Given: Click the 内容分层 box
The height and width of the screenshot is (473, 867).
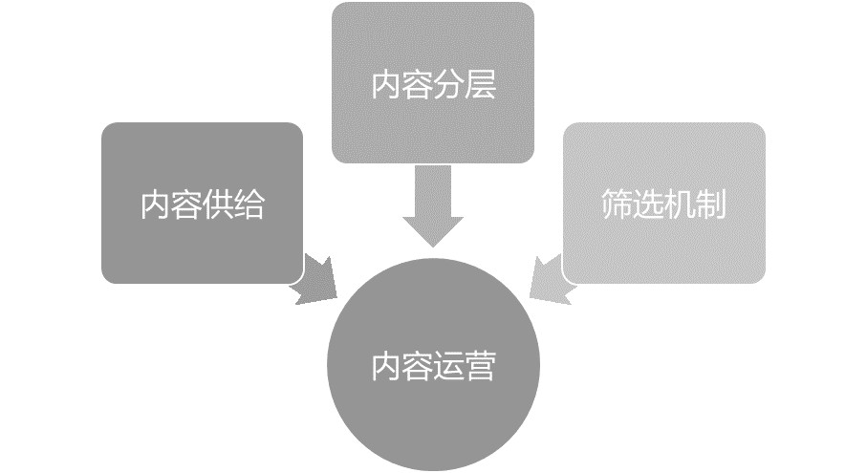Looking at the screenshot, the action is click(433, 83).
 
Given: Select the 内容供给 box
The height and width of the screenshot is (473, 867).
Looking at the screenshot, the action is click(203, 204).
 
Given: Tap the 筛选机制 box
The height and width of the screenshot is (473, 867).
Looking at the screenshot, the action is click(664, 204).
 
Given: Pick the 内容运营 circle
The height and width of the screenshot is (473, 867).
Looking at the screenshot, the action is click(433, 365).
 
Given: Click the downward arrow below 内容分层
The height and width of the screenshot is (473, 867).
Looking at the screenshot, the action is click(433, 206).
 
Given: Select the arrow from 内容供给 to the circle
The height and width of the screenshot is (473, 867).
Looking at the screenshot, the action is click(315, 281).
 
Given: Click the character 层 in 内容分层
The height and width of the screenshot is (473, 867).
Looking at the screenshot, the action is click(480, 84).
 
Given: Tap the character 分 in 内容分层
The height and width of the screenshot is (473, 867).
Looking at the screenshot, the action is click(448, 84).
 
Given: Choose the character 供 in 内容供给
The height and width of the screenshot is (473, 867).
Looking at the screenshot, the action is click(218, 204).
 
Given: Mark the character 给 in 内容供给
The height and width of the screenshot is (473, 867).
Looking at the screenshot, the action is click(249, 204).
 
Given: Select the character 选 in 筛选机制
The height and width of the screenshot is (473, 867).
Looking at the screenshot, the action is click(648, 204).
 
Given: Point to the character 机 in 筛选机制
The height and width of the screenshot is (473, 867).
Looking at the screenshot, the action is click(679, 204).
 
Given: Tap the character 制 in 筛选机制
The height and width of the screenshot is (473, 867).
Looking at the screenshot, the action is click(710, 204).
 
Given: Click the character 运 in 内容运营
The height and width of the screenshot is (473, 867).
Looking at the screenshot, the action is click(448, 366).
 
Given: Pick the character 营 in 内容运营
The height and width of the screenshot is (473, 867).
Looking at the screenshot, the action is click(480, 366).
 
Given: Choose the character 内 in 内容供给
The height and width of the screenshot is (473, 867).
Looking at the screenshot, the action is click(156, 204).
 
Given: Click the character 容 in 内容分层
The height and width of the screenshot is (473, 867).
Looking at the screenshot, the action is click(418, 84).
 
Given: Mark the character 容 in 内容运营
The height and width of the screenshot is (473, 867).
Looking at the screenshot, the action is click(418, 366).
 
